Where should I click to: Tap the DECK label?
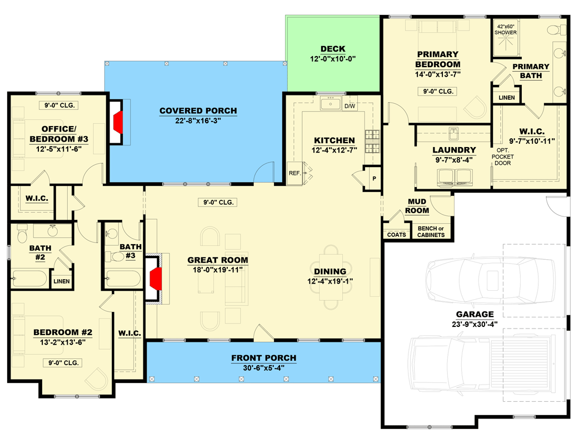[x=333, y=49]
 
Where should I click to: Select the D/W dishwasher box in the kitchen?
[x=350, y=106]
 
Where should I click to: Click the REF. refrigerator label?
[x=295, y=173]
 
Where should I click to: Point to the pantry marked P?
[x=374, y=179]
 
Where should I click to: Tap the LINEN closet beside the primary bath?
[x=507, y=98]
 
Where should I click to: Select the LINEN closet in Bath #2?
[x=62, y=281]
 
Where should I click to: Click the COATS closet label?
[x=396, y=235]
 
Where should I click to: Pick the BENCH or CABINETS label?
[x=431, y=232]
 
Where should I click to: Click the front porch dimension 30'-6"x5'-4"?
[x=263, y=368]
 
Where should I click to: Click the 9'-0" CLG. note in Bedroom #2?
[x=63, y=362]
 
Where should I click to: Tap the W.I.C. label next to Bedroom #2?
[x=129, y=334]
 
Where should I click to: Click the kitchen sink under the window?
[x=333, y=103]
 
